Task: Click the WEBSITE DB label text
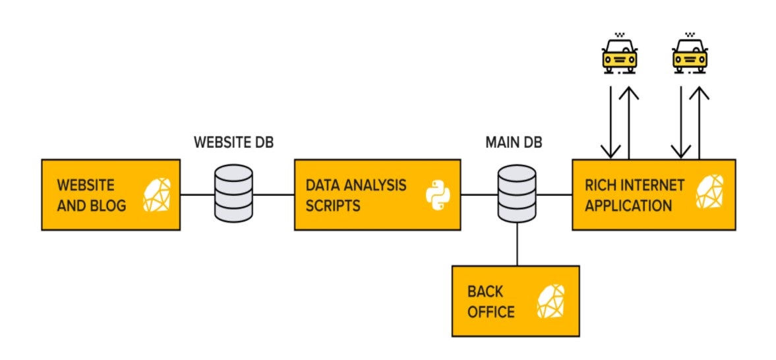pyautogui.click(x=233, y=142)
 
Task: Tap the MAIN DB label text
pyautogui.click(x=514, y=142)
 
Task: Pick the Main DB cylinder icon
pyautogui.click(x=517, y=194)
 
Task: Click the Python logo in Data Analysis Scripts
pyautogui.click(x=436, y=195)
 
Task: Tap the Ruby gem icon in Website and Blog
pyautogui.click(x=157, y=195)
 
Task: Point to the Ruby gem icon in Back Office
pyautogui.click(x=551, y=301)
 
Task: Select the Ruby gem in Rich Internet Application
pyautogui.click(x=709, y=191)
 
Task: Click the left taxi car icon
pyautogui.click(x=619, y=53)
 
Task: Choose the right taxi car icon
pyautogui.click(x=690, y=53)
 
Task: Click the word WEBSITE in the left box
pyautogui.click(x=86, y=185)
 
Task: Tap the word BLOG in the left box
pyautogui.click(x=108, y=205)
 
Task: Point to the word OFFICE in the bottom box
pyautogui.click(x=491, y=312)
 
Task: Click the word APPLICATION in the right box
pyautogui.click(x=628, y=205)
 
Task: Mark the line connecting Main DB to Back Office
pyautogui.click(x=517, y=244)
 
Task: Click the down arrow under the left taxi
pyautogui.click(x=611, y=123)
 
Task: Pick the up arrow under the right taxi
pyautogui.click(x=700, y=123)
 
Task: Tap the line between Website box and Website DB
pyautogui.click(x=198, y=195)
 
